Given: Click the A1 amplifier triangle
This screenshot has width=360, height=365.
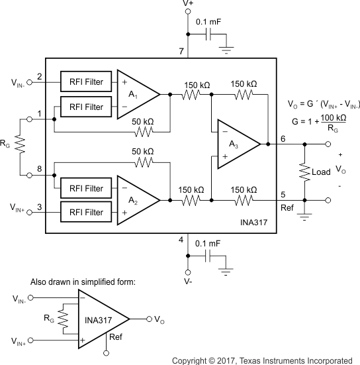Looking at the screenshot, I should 136,94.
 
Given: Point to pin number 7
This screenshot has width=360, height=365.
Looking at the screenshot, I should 181,51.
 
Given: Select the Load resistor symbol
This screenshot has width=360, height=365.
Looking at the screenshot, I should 304,171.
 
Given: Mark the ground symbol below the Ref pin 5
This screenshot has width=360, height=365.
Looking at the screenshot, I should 304,216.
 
